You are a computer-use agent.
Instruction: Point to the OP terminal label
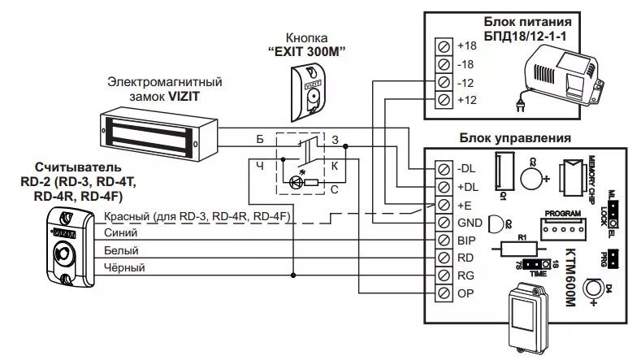(x=466, y=293)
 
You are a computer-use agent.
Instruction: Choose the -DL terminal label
(x=467, y=168)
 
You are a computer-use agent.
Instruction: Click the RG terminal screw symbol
(x=444, y=275)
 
